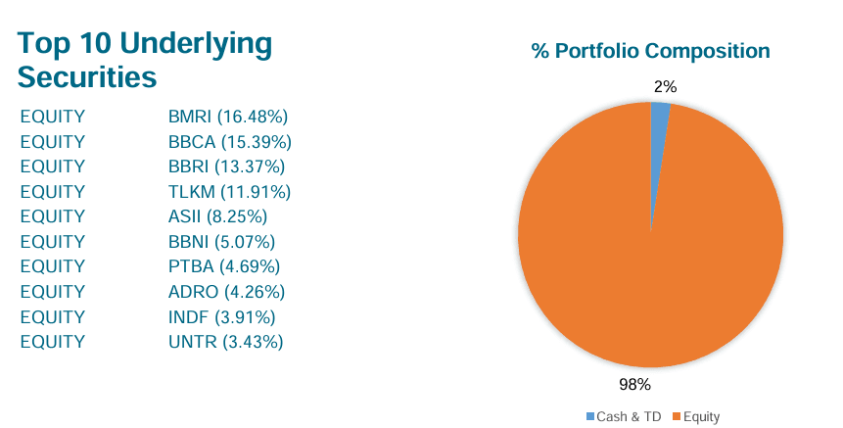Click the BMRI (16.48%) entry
pos(227,117)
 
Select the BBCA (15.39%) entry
pos(230,142)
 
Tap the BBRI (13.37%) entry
pos(226,166)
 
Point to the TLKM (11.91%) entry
pos(229,192)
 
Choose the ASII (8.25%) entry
pos(217,216)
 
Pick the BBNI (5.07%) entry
pos(221,242)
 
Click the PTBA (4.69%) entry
pos(224,266)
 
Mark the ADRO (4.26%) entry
pos(226,292)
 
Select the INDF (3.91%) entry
pos(221,316)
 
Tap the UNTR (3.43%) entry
pos(225,342)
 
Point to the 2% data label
pos(665,87)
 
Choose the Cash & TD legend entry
pos(623,417)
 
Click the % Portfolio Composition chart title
pos(650,51)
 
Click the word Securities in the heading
pos(88,75)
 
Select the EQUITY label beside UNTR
pos(52,342)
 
